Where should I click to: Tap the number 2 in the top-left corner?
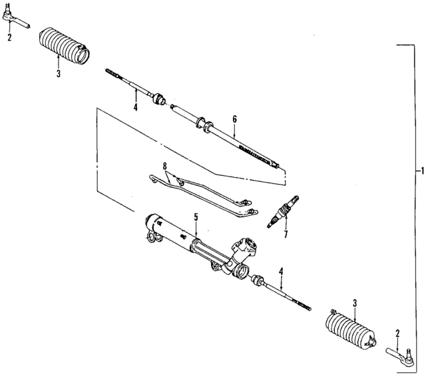[9, 38]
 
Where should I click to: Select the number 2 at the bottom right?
[397, 332]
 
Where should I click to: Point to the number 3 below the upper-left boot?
[58, 74]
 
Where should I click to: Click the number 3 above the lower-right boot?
[355, 304]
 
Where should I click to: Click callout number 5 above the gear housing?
[196, 216]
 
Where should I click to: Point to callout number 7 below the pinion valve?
[284, 234]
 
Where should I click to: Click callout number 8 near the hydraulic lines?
[164, 165]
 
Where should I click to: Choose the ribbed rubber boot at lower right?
[351, 331]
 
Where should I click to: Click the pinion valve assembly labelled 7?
[283, 212]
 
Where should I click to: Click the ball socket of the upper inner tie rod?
[159, 101]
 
